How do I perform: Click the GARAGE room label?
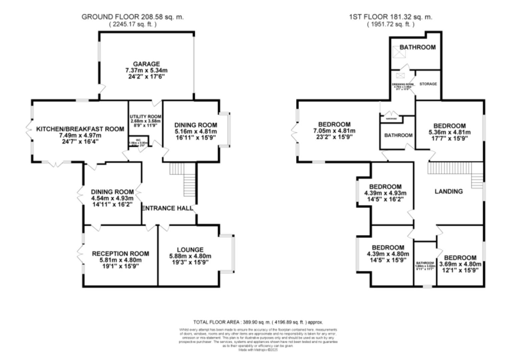click(146, 64)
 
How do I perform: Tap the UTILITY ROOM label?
click(145, 116)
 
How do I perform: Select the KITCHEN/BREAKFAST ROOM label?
click(80, 129)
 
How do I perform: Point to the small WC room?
click(138, 142)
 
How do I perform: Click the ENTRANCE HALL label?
click(167, 208)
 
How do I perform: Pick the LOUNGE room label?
click(190, 250)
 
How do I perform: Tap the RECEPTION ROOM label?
click(120, 254)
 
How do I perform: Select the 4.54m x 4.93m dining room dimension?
click(112, 198)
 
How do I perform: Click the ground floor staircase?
click(189, 182)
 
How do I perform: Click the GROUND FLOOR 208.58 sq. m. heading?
click(132, 17)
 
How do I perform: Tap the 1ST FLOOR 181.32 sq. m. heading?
click(391, 17)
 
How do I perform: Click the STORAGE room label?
click(428, 84)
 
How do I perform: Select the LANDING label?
click(449, 191)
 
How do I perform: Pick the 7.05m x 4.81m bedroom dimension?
click(334, 131)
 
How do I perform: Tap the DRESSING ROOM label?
click(403, 84)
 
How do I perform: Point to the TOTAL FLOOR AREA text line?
click(258, 322)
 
